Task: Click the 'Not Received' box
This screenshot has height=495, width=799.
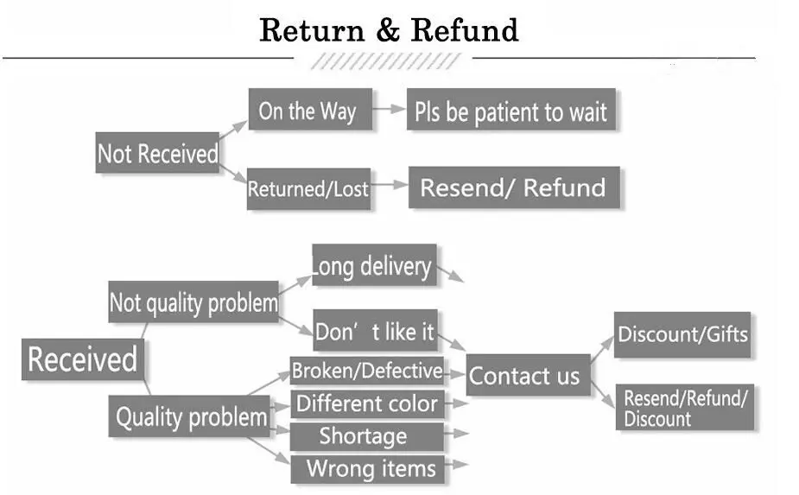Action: [x=157, y=152]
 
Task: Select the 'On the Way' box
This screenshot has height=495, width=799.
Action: [x=310, y=109]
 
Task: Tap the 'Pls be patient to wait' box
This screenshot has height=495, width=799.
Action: [x=511, y=109]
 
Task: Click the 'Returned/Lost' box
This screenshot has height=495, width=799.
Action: [x=308, y=188]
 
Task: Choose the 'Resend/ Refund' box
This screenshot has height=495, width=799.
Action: [x=514, y=187]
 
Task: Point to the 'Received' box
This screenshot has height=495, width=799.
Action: [x=83, y=359]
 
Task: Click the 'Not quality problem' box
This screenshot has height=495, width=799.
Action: [x=193, y=301]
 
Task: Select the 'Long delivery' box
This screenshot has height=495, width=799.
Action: [x=375, y=264]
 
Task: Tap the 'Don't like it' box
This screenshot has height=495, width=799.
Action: [x=376, y=330]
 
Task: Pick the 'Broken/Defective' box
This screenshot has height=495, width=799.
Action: [x=367, y=371]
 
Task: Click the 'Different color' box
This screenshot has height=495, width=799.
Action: [x=367, y=403]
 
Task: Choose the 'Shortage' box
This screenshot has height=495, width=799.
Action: [x=367, y=436]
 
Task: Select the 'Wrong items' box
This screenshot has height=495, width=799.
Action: [x=368, y=468]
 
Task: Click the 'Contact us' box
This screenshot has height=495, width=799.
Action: [x=529, y=375]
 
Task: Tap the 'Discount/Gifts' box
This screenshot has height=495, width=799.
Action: [x=682, y=334]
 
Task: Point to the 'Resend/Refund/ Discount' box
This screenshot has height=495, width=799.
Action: [x=685, y=407]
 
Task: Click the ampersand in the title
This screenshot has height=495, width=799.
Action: [x=388, y=30]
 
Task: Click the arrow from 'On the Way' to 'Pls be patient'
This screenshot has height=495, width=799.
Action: [x=390, y=109]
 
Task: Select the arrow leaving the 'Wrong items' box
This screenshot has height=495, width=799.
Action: [x=457, y=465]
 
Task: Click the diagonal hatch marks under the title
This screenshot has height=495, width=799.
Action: [x=386, y=61]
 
